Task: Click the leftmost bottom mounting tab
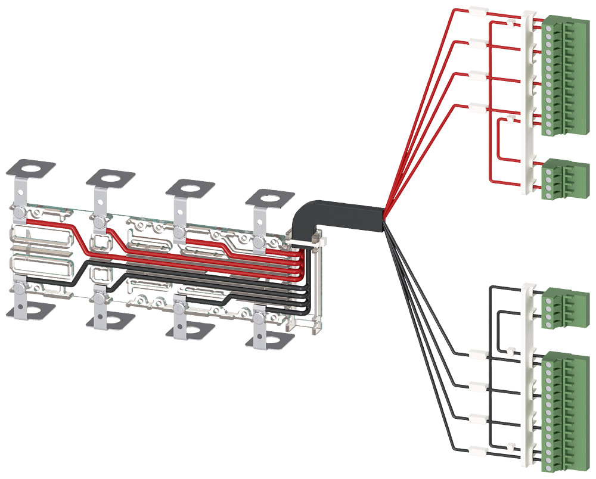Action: pos(27,310)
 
